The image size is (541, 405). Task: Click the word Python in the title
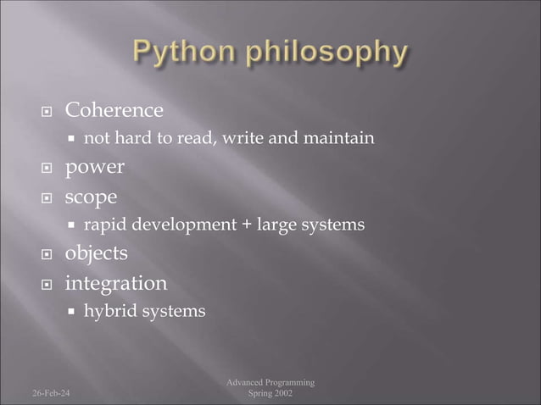(x=181, y=53)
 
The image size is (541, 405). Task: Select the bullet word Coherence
(x=114, y=110)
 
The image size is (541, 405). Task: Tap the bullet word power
(x=95, y=168)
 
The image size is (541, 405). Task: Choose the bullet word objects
(x=97, y=253)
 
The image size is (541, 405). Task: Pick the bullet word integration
(x=116, y=283)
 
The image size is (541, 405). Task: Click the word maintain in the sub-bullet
(x=343, y=138)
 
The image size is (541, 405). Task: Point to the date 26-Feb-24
(x=52, y=394)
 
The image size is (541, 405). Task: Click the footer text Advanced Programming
(x=270, y=383)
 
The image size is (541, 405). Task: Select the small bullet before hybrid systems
(x=73, y=313)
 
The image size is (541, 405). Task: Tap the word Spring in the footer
(x=258, y=394)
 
